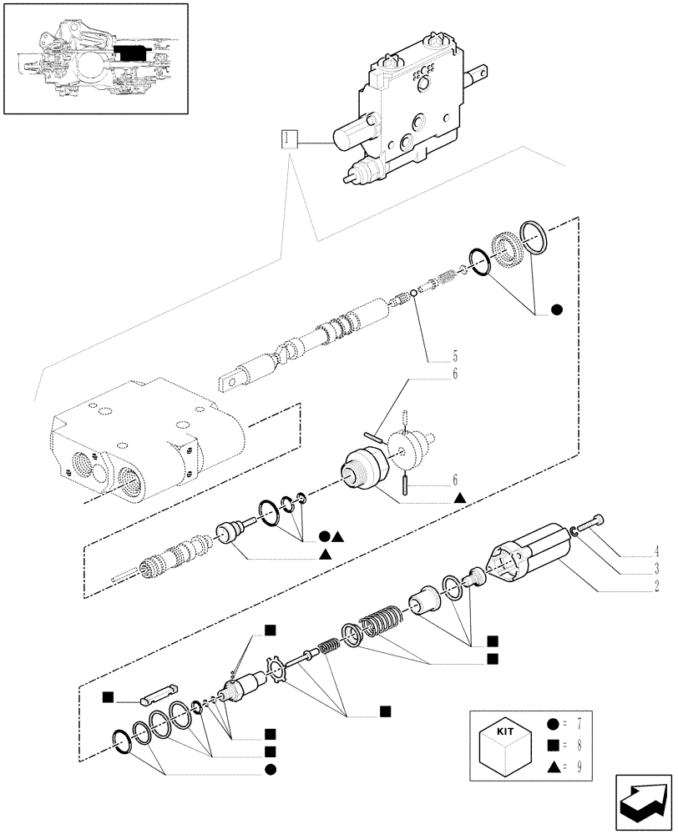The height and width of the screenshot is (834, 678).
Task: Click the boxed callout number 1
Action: click(x=289, y=139)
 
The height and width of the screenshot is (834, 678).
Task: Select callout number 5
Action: click(x=455, y=353)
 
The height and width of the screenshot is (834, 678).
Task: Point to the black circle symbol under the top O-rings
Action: click(x=557, y=310)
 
